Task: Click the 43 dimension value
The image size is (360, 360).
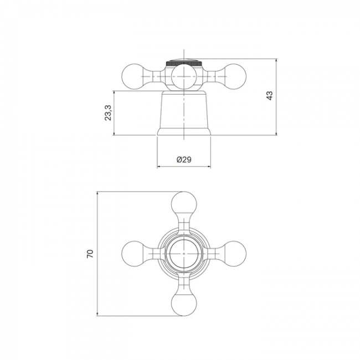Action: pyautogui.click(x=270, y=95)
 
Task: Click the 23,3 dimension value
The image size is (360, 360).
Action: pyautogui.click(x=108, y=113)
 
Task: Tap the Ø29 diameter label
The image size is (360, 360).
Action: pyautogui.click(x=184, y=160)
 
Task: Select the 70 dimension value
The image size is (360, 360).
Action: pyautogui.click(x=90, y=254)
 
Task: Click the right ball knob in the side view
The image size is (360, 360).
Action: pyautogui.click(x=234, y=76)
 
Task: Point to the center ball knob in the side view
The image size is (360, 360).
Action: pyautogui.click(x=184, y=76)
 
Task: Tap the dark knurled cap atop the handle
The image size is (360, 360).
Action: pyautogui.click(x=184, y=63)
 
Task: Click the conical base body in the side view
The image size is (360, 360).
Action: pyautogui.click(x=184, y=113)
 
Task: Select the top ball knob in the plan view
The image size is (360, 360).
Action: pyautogui.click(x=184, y=204)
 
